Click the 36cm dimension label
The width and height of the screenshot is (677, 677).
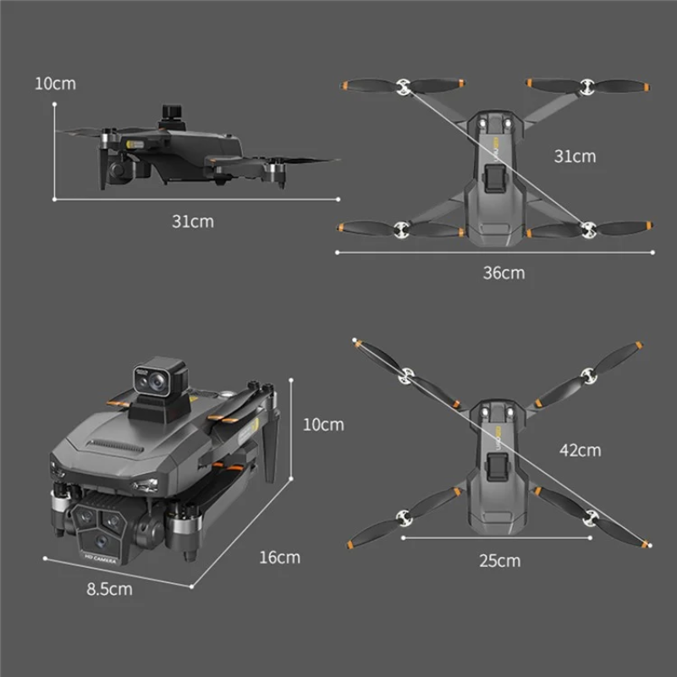point(504,272)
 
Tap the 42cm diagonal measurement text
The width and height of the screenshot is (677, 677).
point(580,450)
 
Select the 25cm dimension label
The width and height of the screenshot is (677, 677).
point(499,561)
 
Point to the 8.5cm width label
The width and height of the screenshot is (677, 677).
point(109,589)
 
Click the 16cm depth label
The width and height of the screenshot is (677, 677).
point(279,558)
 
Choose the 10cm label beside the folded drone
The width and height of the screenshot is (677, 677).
point(323,425)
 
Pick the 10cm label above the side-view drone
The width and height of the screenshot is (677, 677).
point(55,84)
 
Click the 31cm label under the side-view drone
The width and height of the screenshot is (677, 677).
point(193,222)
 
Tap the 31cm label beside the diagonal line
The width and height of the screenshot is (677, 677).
point(575,157)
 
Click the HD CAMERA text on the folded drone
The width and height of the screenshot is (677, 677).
point(101,559)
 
